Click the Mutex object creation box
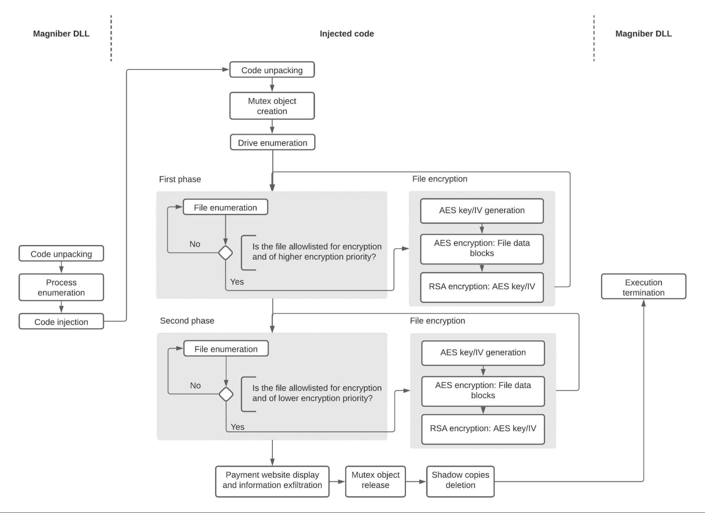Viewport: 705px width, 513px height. [272, 106]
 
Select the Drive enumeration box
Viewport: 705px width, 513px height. [272, 143]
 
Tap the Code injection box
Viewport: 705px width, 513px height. [61, 322]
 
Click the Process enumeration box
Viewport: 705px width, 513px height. [61, 288]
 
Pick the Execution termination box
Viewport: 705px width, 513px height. [643, 287]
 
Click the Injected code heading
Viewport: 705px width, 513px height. [347, 34]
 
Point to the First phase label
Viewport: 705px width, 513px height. [180, 179]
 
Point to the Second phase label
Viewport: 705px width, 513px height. [187, 321]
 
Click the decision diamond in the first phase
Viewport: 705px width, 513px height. [225, 253]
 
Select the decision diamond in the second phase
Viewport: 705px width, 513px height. [226, 394]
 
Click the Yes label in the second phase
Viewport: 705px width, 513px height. [237, 427]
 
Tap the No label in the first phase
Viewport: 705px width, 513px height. [195, 244]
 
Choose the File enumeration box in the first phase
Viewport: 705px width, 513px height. [225, 208]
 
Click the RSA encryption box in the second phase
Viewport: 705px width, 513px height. [483, 428]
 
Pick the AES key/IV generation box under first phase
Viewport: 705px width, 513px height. [482, 210]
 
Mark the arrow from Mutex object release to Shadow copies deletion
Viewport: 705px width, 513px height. [416, 481]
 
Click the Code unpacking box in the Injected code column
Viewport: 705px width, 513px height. [272, 70]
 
